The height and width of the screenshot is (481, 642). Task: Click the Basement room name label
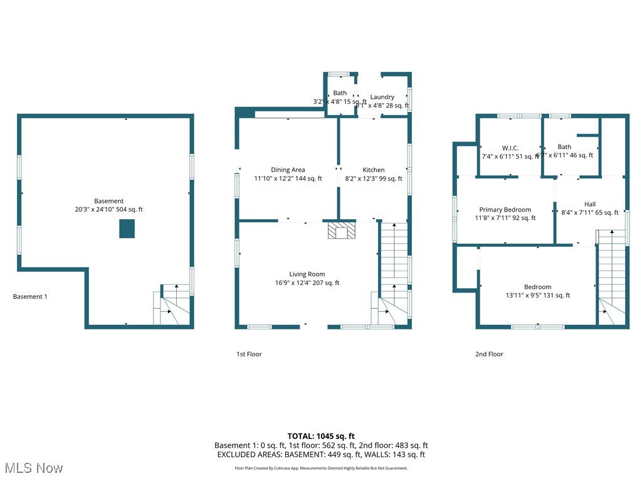click(x=109, y=201)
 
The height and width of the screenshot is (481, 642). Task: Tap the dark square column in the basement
click(x=127, y=229)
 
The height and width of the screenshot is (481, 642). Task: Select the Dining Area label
click(x=288, y=170)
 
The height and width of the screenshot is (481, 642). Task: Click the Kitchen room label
click(x=374, y=170)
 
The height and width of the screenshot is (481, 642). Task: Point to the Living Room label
click(x=307, y=274)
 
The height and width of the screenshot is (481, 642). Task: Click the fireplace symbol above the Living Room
click(x=341, y=230)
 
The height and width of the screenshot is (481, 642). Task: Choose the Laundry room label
click(x=382, y=97)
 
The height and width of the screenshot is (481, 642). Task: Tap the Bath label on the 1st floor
click(x=340, y=93)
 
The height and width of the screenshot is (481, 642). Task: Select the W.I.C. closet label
click(x=510, y=148)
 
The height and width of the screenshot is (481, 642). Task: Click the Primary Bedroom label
click(x=505, y=210)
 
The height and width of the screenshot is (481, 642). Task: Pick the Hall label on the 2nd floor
click(x=590, y=204)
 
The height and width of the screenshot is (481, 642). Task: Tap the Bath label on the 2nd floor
click(x=564, y=147)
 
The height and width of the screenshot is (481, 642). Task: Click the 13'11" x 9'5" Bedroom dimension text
click(x=537, y=296)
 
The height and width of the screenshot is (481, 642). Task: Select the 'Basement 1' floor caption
click(x=30, y=297)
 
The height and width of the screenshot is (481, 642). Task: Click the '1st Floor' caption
click(x=249, y=354)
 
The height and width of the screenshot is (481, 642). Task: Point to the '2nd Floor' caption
click(x=488, y=354)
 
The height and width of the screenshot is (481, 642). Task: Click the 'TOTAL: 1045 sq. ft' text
click(x=321, y=436)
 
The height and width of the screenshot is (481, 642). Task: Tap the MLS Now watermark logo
click(x=34, y=468)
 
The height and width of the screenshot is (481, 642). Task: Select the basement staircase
click(x=172, y=305)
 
